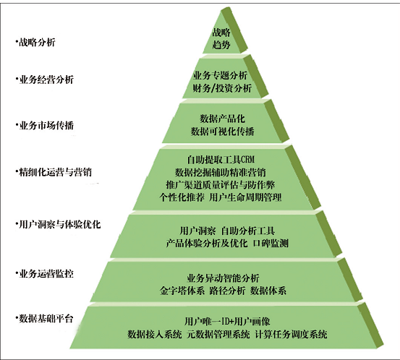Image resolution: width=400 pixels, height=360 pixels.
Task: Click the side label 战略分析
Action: (37, 42)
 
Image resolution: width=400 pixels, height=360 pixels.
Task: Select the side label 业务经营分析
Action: (46, 80)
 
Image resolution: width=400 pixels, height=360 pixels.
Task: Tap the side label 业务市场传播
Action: (46, 126)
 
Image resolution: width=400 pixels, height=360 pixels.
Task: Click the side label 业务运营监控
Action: (46, 274)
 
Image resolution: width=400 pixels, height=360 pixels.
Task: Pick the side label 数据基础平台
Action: (46, 319)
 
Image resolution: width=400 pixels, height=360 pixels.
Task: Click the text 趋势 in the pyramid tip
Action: (221, 45)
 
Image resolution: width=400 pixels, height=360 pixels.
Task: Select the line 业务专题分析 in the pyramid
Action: (220, 75)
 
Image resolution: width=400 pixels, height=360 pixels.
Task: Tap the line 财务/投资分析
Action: (222, 88)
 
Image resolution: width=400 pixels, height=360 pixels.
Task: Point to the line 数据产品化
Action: (223, 119)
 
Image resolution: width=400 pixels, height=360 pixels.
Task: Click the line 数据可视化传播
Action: (223, 132)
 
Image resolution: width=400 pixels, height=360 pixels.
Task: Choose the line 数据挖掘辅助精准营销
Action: (221, 172)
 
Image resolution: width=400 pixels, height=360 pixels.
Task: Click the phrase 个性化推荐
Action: (182, 197)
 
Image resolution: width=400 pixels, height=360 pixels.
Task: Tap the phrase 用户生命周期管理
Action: (245, 197)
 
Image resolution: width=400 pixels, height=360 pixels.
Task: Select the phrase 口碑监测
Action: (271, 243)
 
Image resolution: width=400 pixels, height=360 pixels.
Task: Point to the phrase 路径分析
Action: (227, 291)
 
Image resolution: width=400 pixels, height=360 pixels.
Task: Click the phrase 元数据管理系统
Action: (218, 334)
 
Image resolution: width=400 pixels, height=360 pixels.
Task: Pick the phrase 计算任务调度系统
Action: (291, 334)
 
